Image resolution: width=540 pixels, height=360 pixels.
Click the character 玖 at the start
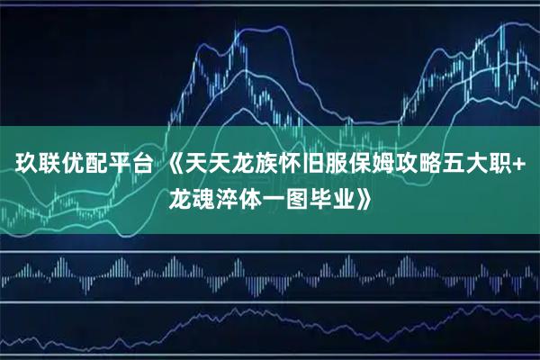click(x=22, y=164)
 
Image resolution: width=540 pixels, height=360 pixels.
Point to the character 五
click(x=460, y=164)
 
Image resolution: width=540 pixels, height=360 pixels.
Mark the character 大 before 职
click(x=483, y=164)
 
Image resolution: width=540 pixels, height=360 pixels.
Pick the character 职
click(x=507, y=164)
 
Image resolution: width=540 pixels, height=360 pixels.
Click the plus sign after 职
click(x=525, y=164)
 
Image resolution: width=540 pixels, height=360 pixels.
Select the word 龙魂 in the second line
click(x=193, y=197)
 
